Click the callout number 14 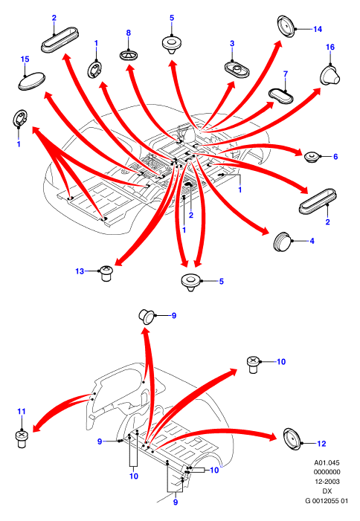[x=318, y=29]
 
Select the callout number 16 [x=330, y=47]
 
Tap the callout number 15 [x=25, y=59]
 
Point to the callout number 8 [x=129, y=33]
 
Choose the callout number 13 [x=80, y=271]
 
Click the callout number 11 [x=22, y=411]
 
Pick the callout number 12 [x=321, y=443]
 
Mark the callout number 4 [x=312, y=241]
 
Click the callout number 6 [x=335, y=157]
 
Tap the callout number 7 [x=286, y=74]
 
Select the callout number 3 [x=232, y=44]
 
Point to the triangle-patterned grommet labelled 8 [x=129, y=55]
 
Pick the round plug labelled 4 [x=283, y=242]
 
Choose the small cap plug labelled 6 [x=312, y=157]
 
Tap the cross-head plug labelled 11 [x=22, y=439]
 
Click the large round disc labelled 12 [x=292, y=439]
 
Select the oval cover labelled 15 [x=32, y=81]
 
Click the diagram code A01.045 [x=327, y=462]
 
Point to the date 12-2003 [x=327, y=482]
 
